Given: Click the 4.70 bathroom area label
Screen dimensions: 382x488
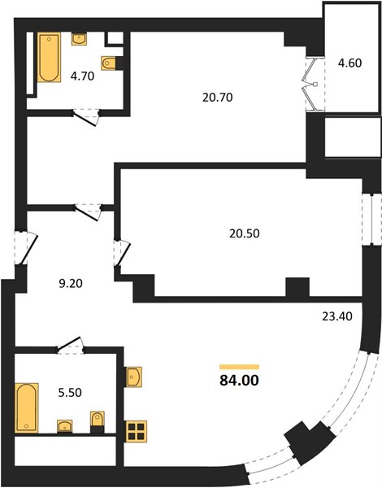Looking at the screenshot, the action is (x=82, y=76).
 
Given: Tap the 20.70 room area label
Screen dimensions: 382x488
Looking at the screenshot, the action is (x=218, y=98).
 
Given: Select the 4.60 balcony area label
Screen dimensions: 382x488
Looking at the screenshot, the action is (x=350, y=63).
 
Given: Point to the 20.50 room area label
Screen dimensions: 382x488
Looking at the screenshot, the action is (x=245, y=233).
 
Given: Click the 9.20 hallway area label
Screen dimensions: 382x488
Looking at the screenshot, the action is (x=71, y=284).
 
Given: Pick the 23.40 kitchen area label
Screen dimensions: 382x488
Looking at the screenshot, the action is (x=337, y=316).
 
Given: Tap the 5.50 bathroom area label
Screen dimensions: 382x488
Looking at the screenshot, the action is (x=70, y=393).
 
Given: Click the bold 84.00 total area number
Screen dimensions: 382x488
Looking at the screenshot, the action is (x=239, y=381).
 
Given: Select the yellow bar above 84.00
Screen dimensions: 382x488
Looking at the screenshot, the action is (x=239, y=367).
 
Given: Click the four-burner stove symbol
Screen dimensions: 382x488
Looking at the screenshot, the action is (x=137, y=431).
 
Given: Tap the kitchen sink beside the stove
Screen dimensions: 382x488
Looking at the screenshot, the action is (x=134, y=377).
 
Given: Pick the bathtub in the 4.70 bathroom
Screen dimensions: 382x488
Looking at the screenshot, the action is (x=49, y=58).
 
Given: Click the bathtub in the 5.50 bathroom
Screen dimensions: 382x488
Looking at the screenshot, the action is (x=27, y=408).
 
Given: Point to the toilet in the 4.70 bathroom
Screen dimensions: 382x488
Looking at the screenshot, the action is (x=109, y=63).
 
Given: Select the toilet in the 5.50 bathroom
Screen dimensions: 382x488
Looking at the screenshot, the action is (x=98, y=419).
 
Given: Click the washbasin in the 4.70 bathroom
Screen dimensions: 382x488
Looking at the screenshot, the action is (x=79, y=39).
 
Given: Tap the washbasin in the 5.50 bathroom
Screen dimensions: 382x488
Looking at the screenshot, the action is (x=65, y=425).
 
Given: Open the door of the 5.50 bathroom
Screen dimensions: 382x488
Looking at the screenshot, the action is (x=71, y=346).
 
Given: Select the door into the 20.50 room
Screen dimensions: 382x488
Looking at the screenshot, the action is (x=122, y=253).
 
